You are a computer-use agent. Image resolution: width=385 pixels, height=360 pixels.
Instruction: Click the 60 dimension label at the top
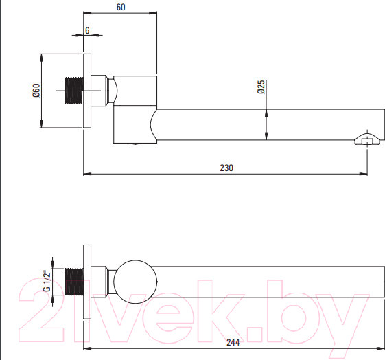coord(121,7)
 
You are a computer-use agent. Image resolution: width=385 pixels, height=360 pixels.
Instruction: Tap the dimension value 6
coord(87,30)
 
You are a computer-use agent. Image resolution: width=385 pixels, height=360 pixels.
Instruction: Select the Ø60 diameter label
coord(36,91)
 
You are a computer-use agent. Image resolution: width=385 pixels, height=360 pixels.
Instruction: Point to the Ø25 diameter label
coord(261,87)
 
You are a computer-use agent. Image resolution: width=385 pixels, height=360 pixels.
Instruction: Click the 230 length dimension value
coord(226,168)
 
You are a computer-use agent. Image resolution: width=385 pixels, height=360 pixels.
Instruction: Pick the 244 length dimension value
coord(233,342)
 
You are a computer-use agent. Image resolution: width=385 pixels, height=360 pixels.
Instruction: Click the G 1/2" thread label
coord(47,280)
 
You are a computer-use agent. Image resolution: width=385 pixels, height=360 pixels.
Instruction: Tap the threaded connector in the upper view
coord(74,91)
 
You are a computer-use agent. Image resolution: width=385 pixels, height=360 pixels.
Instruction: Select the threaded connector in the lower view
coord(74,282)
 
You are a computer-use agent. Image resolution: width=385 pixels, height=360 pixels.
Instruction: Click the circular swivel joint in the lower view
coord(135,282)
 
